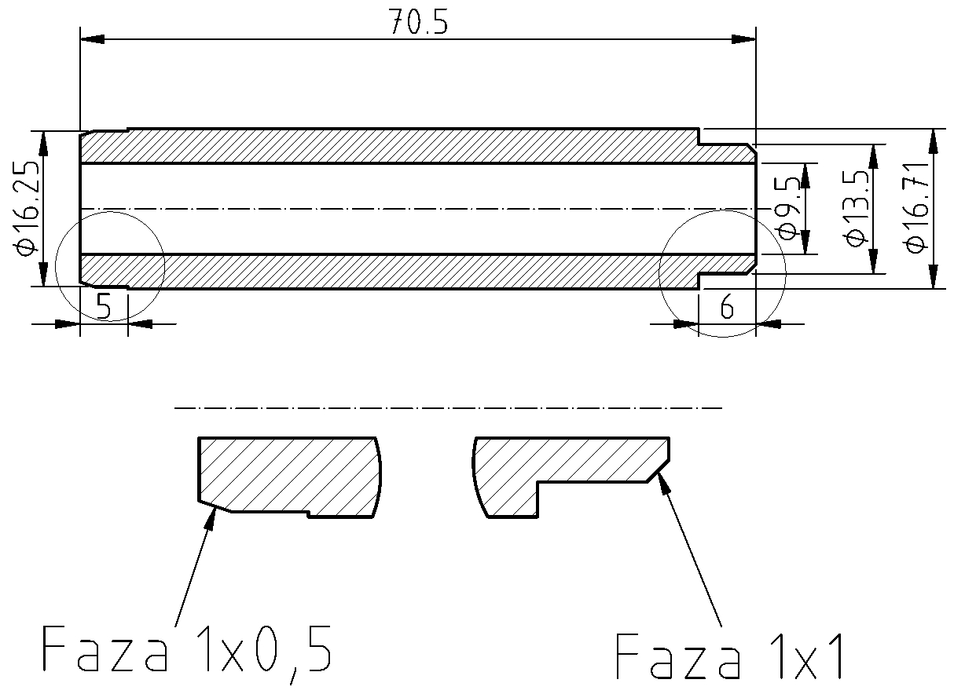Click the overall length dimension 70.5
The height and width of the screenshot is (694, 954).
coord(418,24)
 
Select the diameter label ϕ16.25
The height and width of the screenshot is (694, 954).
coord(24,208)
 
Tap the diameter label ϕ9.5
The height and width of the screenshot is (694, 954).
coord(788,208)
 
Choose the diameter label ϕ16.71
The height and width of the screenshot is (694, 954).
coord(916,208)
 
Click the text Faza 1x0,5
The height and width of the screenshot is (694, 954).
coord(185,649)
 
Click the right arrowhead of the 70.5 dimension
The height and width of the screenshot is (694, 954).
coord(744,38)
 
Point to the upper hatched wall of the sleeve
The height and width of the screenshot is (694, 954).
coord(393,145)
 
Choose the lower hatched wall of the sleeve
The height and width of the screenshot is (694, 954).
coord(393,271)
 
